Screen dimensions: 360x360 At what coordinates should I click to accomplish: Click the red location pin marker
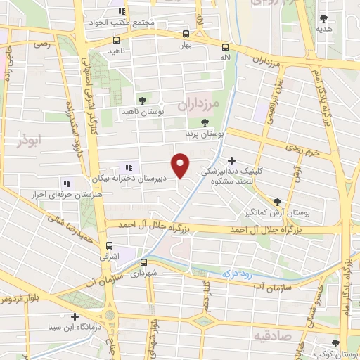coord(181,165)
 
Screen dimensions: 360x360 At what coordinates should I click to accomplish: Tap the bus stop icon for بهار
coord(186,33)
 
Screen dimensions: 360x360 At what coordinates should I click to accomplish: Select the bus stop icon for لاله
coord(225,47)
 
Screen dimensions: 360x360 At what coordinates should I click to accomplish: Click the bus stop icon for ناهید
coord(113,41)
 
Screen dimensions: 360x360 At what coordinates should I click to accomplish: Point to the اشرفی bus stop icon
coord(108,246)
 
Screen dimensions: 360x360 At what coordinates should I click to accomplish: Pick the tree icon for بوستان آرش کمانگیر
coord(277,201)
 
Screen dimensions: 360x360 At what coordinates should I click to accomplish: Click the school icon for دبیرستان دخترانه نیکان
coord(128,167)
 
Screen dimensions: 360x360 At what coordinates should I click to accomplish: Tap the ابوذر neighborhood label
coord(29,140)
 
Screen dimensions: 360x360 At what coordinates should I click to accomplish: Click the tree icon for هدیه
coord(323,19)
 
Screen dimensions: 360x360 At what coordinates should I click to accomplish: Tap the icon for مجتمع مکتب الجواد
coord(122,11)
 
